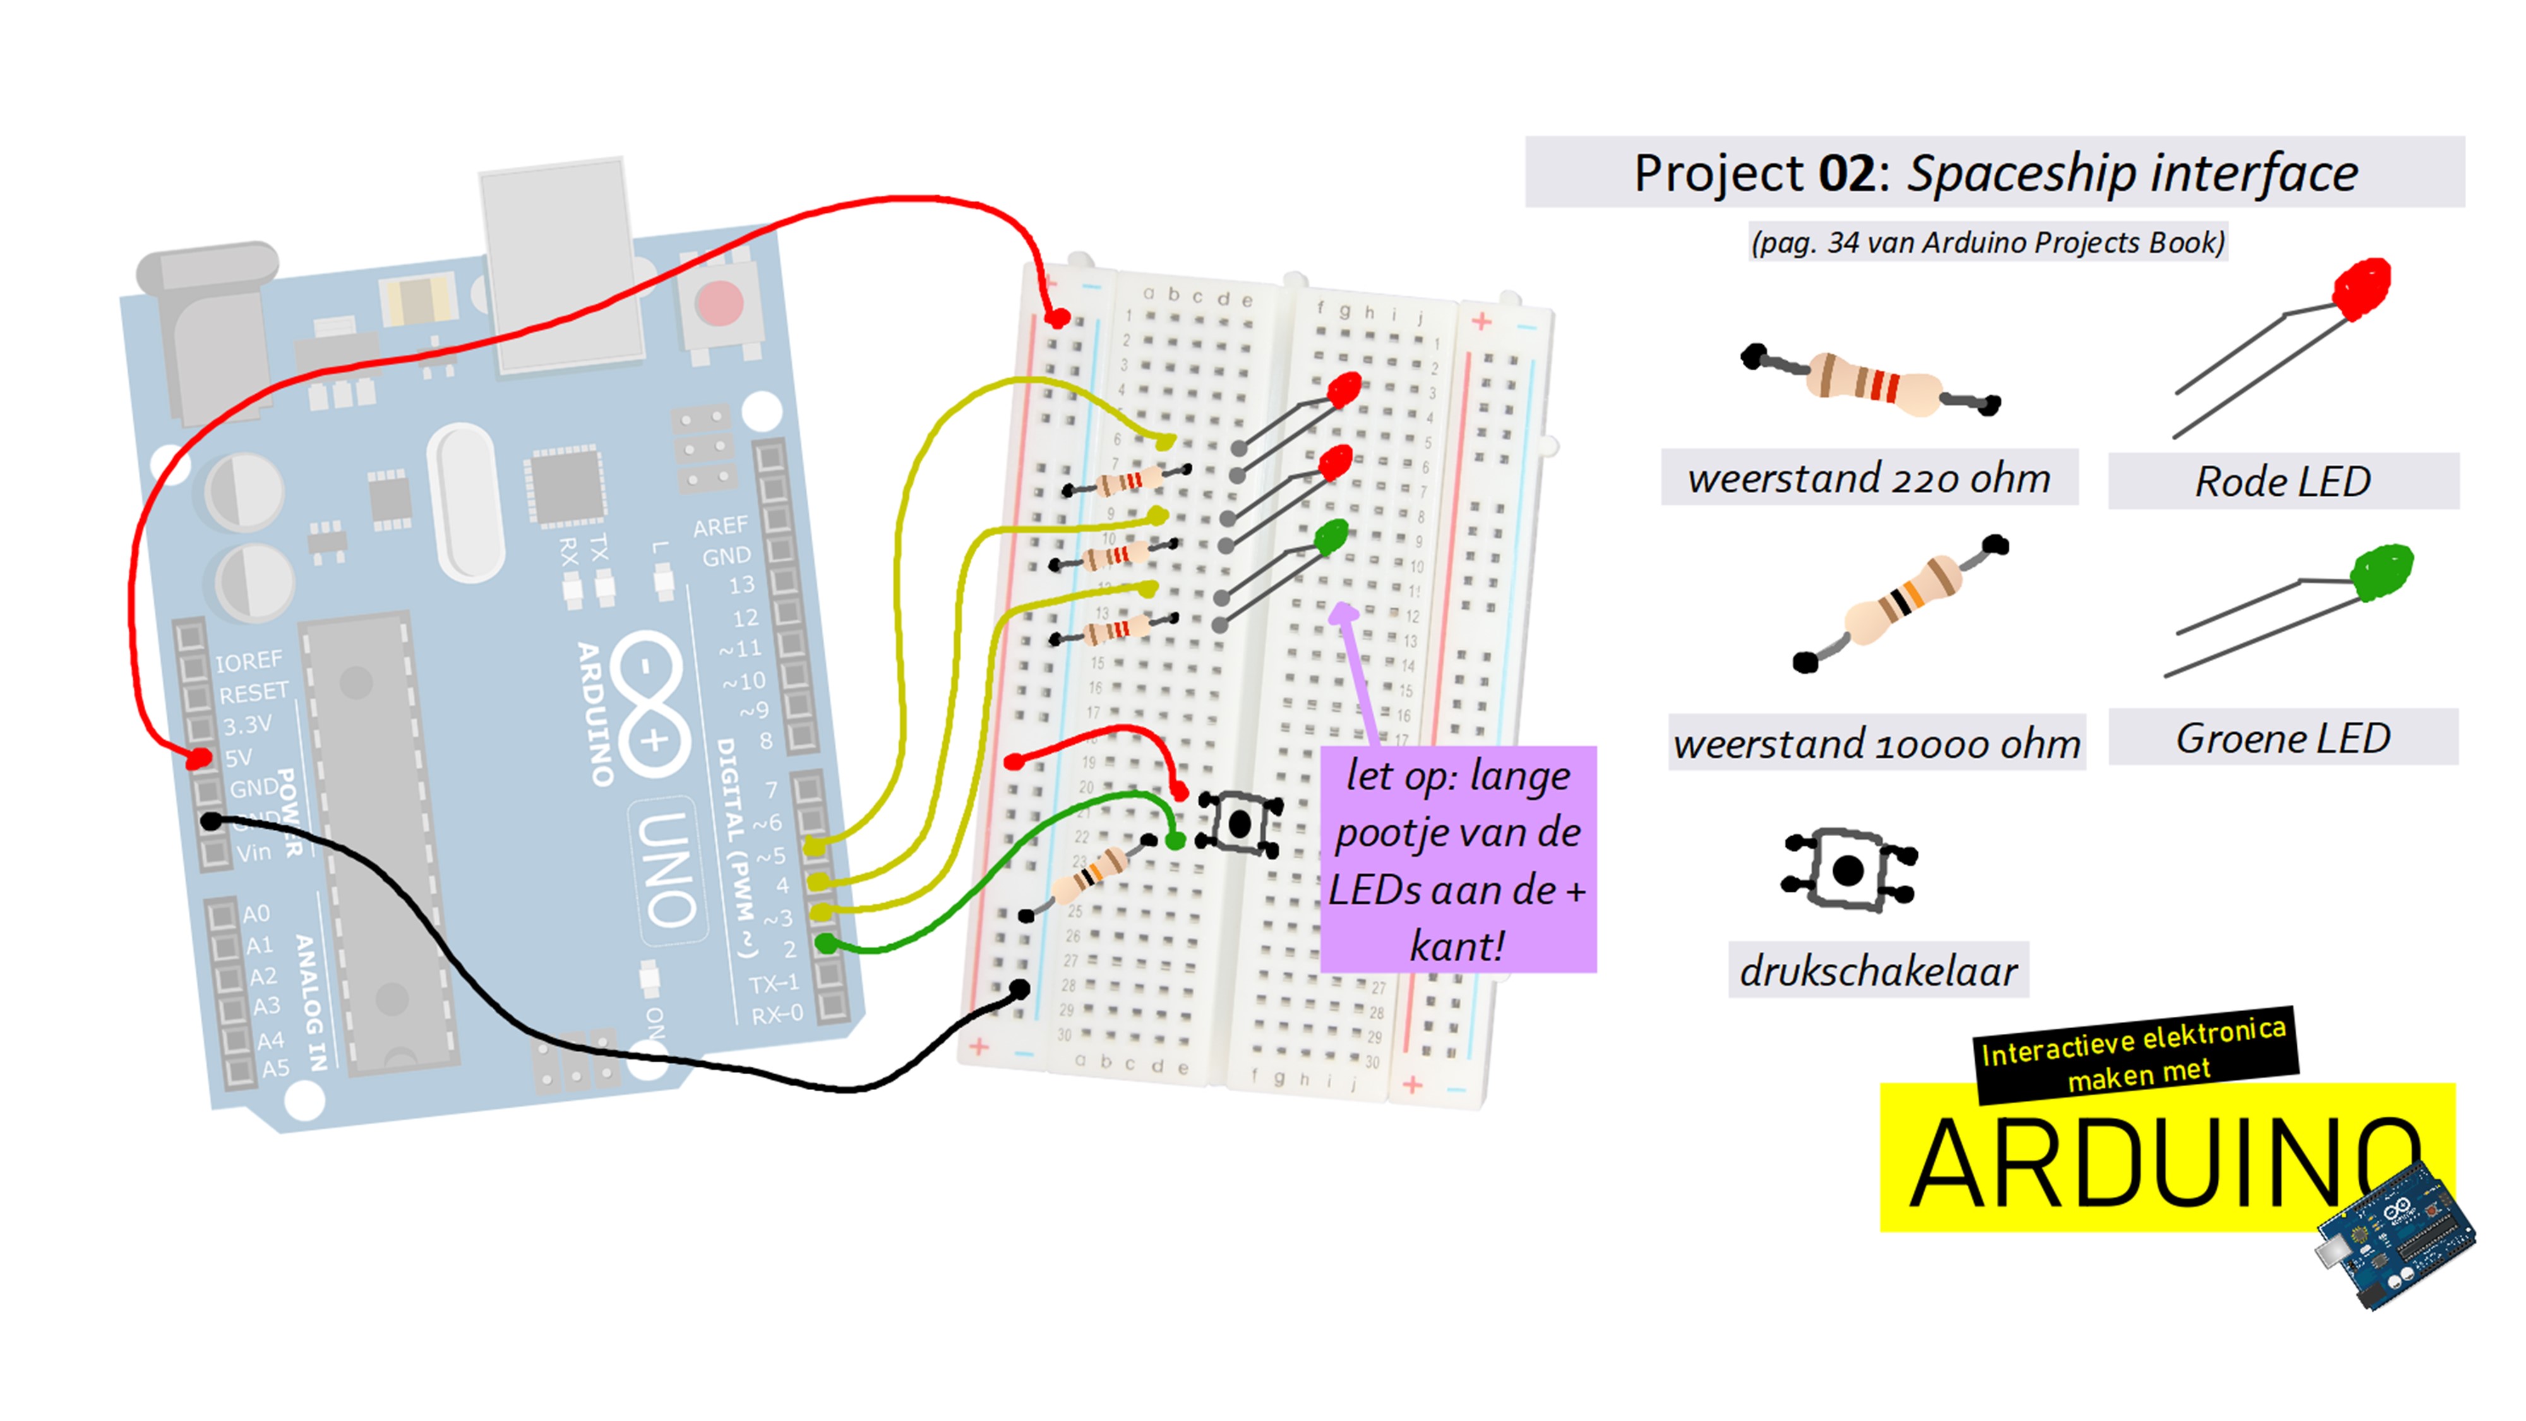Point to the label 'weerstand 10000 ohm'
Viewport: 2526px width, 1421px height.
tap(1876, 743)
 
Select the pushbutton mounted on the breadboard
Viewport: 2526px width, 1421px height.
tap(1240, 823)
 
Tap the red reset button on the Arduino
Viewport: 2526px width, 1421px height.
tap(719, 303)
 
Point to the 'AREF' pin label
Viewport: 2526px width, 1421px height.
tap(720, 527)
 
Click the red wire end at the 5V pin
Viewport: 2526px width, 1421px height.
tap(199, 758)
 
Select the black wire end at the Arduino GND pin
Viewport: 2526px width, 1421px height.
tap(212, 821)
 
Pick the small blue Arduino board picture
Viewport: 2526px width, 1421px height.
tap(2395, 1236)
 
